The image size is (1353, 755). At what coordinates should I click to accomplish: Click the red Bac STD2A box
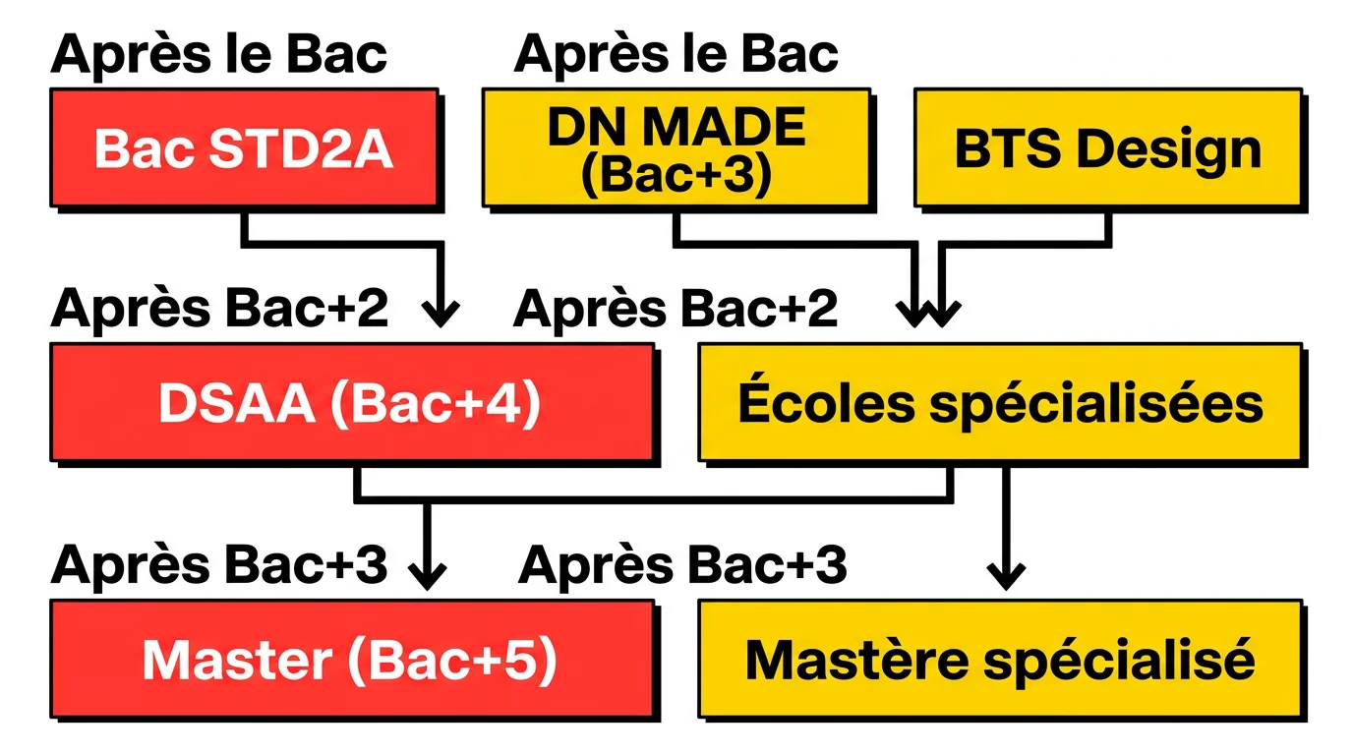244,149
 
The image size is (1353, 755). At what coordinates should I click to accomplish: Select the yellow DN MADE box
676,149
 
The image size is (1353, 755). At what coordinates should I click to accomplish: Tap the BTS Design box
1107,149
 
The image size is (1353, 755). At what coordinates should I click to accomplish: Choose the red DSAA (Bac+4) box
351,403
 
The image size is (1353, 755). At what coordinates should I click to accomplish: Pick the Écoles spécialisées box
1000,403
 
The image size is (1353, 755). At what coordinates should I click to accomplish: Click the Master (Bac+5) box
351,660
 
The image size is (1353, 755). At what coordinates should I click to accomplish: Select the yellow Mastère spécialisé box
1000,660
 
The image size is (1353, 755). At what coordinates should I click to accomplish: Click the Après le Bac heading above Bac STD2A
218,53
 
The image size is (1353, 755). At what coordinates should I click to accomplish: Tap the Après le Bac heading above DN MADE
676,53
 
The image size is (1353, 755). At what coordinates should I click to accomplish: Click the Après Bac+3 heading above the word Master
218,565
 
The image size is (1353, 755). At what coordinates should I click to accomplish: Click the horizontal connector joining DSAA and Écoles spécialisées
653,498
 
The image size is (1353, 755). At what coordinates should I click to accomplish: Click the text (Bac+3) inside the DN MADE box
676,174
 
